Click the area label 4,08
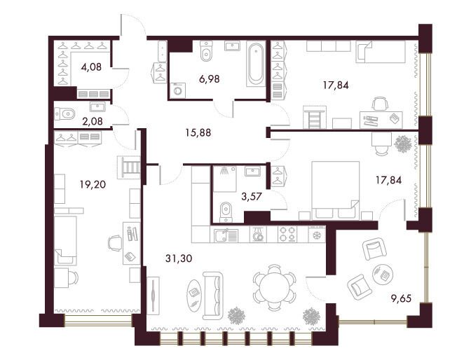pos(91,67)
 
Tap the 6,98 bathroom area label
pos(210,79)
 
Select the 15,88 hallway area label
pos(198,132)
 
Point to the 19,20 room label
pos(93,184)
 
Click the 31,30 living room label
pos(179,258)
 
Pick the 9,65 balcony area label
pos(401,298)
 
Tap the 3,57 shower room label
pos(252,196)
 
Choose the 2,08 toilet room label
pos(93,121)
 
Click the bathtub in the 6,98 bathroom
pos(256,64)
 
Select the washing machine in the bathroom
pos(178,90)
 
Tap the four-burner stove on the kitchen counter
pos(287,234)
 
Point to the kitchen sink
pos(226,235)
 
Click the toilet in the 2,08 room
pos(65,114)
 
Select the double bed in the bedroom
pos(336,191)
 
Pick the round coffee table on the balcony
pos(382,273)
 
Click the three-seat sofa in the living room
pos(212,296)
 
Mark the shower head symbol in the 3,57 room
pos(224,171)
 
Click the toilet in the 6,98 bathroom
pos(206,51)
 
